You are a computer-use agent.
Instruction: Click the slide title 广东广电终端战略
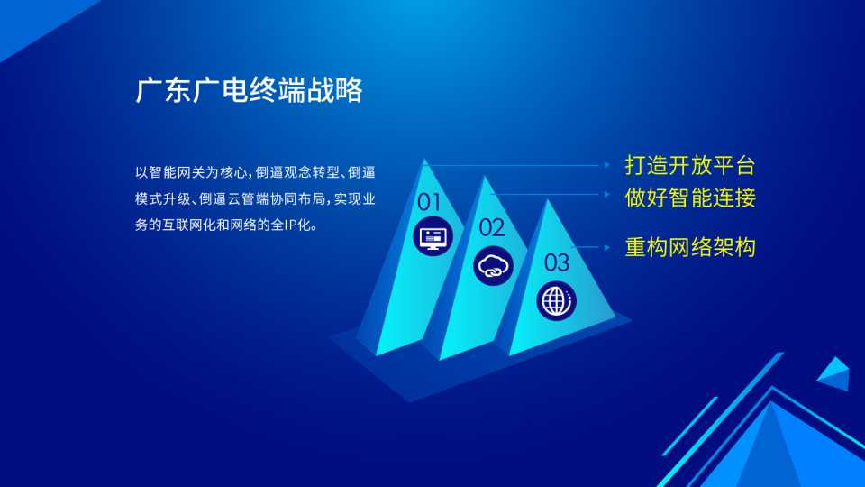249,90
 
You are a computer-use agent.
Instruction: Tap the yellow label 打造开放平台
690,166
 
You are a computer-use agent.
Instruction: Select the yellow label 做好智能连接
690,198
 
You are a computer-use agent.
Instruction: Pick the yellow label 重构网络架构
690,247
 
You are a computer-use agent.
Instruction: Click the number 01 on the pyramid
429,203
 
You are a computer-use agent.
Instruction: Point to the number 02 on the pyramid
492,227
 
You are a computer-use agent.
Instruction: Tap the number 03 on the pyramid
556,262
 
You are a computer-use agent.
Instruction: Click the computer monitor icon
433,237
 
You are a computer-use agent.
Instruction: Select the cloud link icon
493,266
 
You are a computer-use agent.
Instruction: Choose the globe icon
556,301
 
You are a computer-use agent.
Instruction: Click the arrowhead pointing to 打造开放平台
606,164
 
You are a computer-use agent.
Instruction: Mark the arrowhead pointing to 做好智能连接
606,195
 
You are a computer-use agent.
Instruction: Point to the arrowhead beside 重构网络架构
606,247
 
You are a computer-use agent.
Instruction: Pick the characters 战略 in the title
334,90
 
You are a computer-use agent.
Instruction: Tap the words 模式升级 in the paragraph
162,198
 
